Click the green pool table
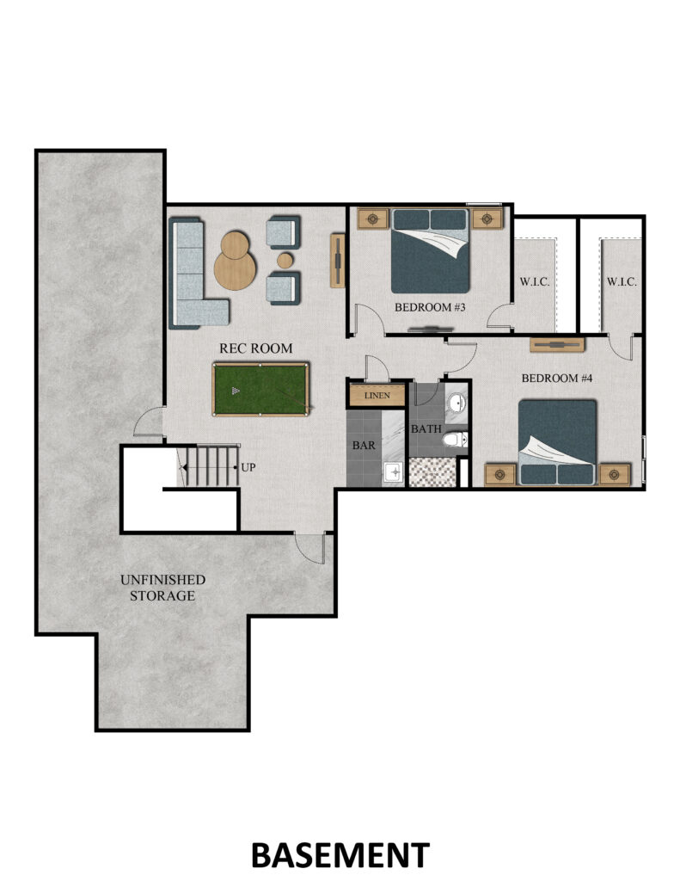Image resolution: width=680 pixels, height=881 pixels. pos(260,389)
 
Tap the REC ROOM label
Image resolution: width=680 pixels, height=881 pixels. pos(255,348)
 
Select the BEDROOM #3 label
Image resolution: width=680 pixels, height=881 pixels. pos(430,307)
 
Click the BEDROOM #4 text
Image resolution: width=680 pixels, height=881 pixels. pos(557,379)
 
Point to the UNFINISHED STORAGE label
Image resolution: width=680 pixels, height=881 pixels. pos(162,588)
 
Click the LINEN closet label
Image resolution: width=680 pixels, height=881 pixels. pos(377,396)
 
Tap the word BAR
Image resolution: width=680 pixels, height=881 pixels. pos(364,445)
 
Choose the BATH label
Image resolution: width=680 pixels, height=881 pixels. pos(426,428)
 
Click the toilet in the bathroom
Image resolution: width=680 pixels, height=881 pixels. pos(455,440)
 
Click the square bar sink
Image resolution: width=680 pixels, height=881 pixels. pos(395,472)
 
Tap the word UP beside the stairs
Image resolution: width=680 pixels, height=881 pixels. pos(248,467)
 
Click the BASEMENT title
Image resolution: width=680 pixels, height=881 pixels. pos(340,855)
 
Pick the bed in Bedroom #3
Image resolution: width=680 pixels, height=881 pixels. pos(430,251)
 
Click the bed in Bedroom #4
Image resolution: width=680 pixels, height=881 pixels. pos(557,442)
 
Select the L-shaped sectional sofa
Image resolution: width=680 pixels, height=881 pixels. pos(193,274)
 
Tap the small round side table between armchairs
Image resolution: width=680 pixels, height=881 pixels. pos(285,260)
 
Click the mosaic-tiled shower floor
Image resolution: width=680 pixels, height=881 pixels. pos(432,472)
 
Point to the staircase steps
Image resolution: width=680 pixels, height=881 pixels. pos(210,465)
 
